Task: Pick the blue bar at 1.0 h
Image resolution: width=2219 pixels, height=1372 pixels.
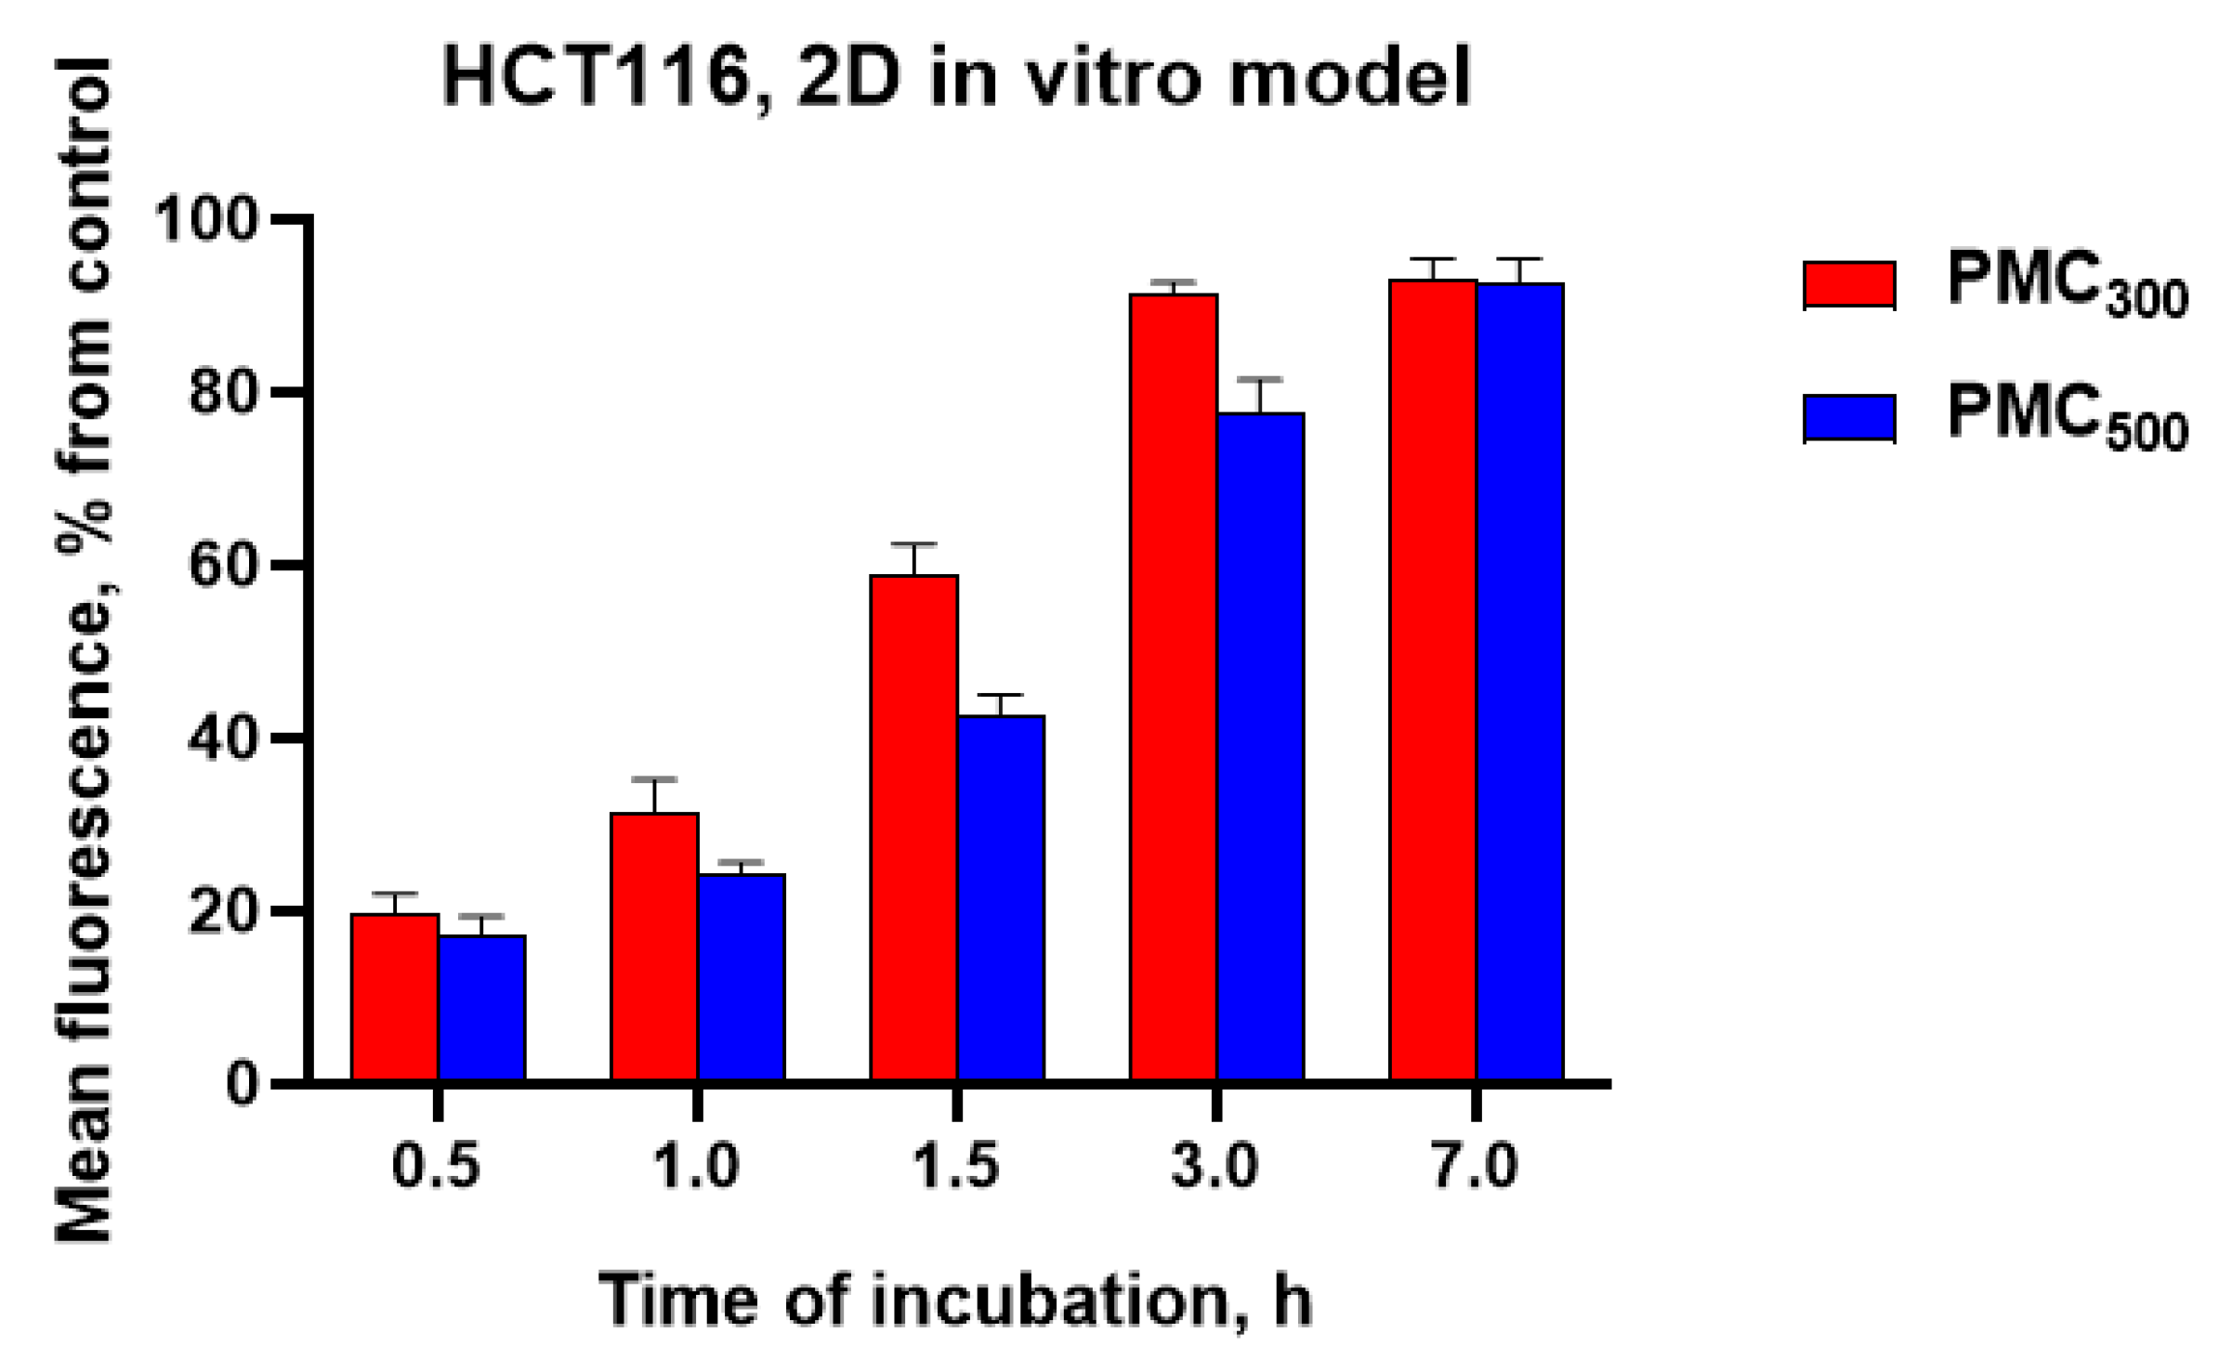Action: coord(742,977)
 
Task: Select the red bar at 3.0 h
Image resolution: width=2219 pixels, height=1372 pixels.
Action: coord(1174,687)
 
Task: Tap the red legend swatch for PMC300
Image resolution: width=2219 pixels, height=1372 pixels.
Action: coord(1849,284)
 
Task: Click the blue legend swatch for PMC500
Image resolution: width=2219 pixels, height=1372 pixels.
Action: coord(1849,417)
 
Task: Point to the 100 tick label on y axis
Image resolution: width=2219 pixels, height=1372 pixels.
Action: coord(204,221)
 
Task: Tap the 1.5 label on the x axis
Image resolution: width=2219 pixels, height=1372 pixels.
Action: coord(957,1166)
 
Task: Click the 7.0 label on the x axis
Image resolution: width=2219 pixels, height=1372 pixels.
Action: coord(1476,1166)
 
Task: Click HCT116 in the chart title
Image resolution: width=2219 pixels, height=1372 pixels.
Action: coord(596,78)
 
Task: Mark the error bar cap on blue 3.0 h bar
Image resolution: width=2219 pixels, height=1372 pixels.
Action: coord(1260,380)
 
